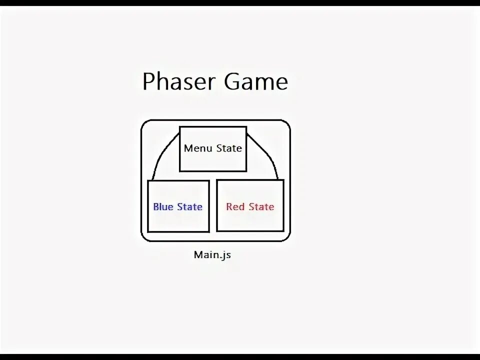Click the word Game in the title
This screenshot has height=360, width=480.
[256, 82]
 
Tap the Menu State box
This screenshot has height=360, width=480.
[213, 160]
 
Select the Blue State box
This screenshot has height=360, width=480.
[178, 220]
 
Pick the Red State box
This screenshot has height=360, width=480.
[250, 220]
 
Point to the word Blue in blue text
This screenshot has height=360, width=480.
[163, 207]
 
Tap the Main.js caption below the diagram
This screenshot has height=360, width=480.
[212, 255]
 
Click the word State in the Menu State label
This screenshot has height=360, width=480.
[229, 148]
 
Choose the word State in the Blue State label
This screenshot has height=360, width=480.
[190, 207]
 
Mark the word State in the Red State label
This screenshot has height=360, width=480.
[261, 207]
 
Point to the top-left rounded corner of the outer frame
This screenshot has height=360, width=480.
[144, 123]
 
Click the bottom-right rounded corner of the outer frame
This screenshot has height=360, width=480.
[286, 237]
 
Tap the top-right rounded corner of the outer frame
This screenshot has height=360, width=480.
[286, 123]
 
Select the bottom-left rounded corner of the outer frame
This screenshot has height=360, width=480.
[144, 237]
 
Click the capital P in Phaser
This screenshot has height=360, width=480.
[148, 82]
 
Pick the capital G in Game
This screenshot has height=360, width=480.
[233, 81]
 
